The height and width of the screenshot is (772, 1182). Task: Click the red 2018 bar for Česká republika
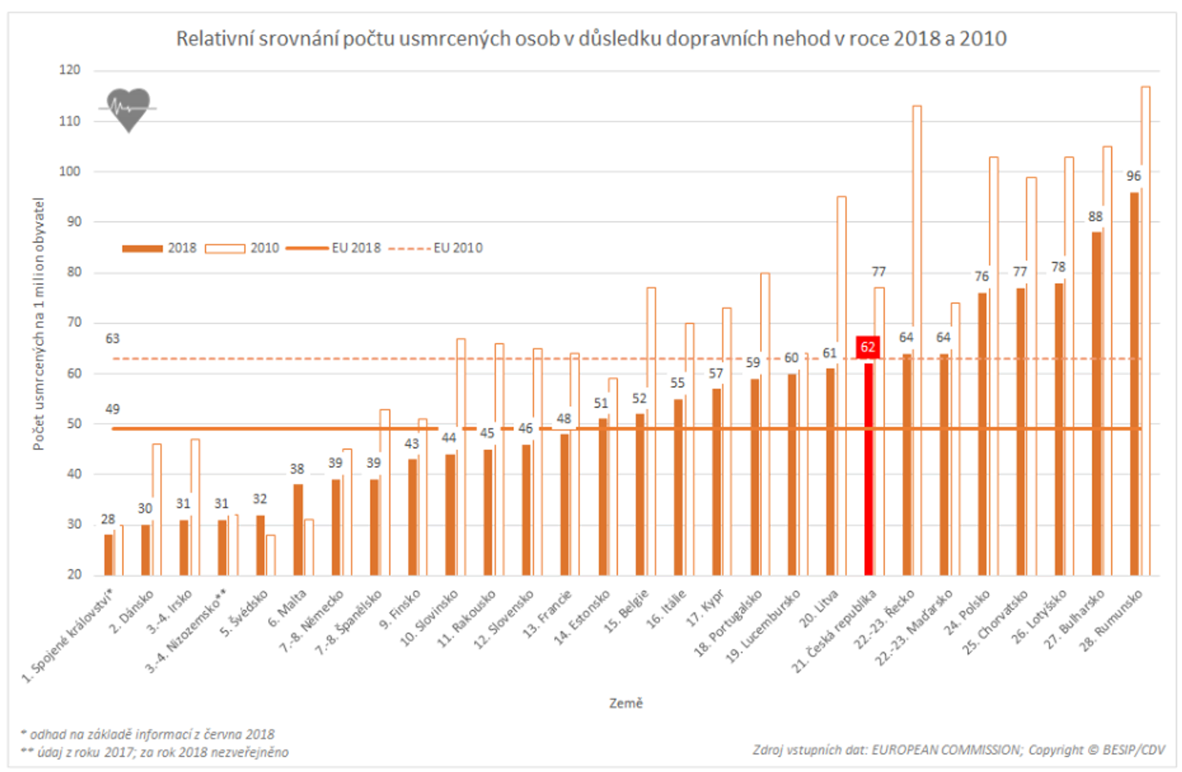pos(868,468)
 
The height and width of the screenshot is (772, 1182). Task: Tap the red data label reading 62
pos(868,347)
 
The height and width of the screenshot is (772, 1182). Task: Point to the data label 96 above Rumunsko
pos(1133,176)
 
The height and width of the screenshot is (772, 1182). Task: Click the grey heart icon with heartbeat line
pos(129,109)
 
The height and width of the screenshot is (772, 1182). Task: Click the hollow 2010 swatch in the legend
pos(225,248)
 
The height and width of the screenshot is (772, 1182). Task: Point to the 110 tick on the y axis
pos(69,121)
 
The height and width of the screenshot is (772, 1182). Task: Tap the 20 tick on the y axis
pos(74,574)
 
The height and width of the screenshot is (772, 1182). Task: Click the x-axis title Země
pos(626,703)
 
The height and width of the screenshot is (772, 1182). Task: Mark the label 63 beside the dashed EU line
pos(113,339)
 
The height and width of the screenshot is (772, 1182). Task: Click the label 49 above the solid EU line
pos(113,409)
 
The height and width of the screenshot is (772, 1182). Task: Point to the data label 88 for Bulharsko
pos(1095,216)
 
